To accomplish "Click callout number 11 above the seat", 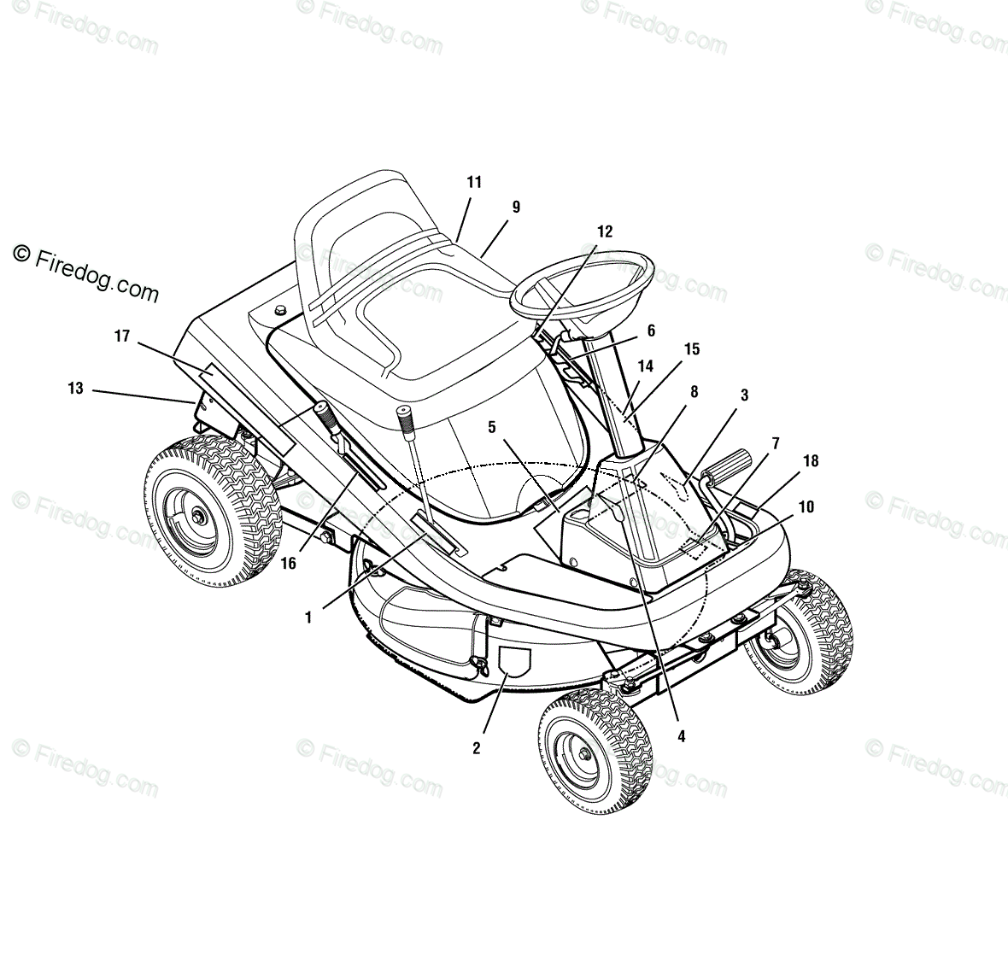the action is [x=474, y=182].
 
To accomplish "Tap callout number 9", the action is [x=516, y=207].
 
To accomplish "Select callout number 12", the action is [x=605, y=231].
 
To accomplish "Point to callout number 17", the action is [x=122, y=337].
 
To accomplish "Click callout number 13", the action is [x=76, y=389].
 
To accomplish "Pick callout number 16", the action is [x=288, y=563].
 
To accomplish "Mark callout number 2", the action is [x=476, y=748].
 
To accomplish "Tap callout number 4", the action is [x=681, y=735].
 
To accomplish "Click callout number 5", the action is [x=492, y=427].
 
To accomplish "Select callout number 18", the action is [x=811, y=461].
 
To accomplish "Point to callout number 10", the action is [x=806, y=506].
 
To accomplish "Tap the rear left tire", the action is [x=202, y=512].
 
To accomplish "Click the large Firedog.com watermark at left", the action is [x=86, y=274].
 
